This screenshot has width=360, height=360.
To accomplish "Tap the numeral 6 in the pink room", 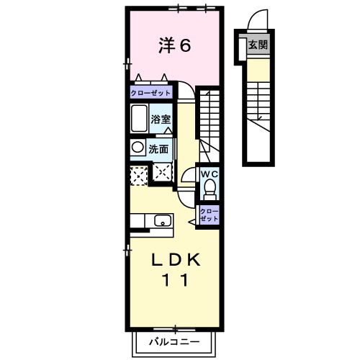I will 185,45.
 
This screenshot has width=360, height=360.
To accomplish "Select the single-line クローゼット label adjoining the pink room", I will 151,94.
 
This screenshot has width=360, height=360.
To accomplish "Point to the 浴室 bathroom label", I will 161,119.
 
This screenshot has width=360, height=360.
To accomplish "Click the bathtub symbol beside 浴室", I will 139,117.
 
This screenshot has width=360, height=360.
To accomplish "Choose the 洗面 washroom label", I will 159,149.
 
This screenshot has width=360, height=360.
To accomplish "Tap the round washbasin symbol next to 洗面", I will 137,148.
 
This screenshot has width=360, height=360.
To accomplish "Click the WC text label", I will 210,174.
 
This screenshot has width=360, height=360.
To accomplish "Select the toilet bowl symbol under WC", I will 210,189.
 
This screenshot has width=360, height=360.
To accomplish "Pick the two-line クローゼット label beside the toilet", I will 209,213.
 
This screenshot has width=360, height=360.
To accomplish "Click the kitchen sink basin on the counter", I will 162,221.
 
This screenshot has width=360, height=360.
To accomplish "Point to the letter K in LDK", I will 197,259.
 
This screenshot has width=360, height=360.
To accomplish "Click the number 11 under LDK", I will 175,281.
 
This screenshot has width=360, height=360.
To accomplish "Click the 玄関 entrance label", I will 258,45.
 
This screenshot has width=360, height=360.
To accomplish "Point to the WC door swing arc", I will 188,176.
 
